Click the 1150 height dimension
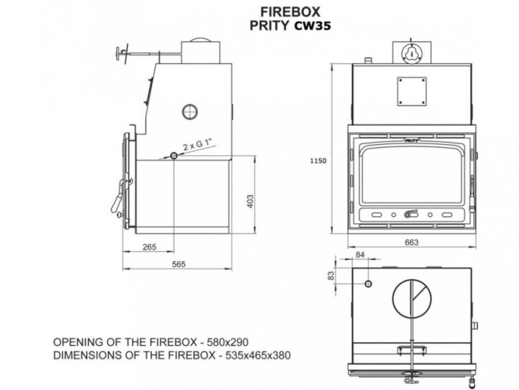coord(318,160)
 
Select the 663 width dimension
coord(412,243)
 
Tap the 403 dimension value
coord(250,201)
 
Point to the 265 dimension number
coord(150,247)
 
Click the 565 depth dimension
coord(178,264)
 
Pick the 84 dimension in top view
coord(360,255)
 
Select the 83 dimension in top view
coord(331,276)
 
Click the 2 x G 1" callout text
coord(197,145)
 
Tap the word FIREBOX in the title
coord(290,12)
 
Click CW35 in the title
coord(312,26)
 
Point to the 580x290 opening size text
coord(227,342)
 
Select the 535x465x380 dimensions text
coord(258,355)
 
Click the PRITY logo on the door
coord(412,140)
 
